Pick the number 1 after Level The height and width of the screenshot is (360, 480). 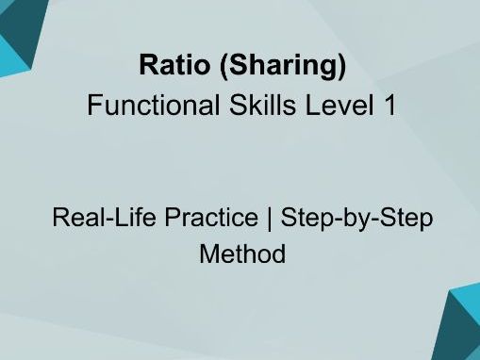coord(388,106)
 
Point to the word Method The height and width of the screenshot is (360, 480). coord(241,254)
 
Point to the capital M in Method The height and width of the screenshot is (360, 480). coord(208,254)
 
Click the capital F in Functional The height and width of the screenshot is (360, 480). coord(93,106)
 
